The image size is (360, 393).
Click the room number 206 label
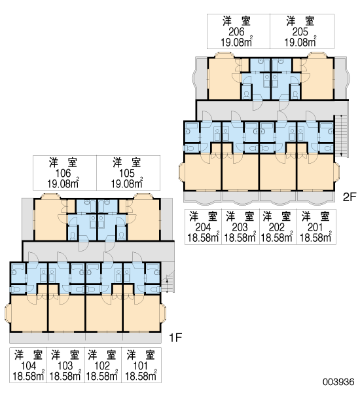[x=236, y=32]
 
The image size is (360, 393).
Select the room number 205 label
[x=300, y=32]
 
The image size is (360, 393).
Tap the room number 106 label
[x=63, y=173]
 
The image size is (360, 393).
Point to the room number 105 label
[x=127, y=173]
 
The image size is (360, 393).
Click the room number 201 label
[x=315, y=227]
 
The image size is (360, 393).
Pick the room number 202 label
[x=277, y=227]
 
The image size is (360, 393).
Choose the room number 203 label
[x=240, y=227]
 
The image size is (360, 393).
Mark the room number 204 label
[x=203, y=227]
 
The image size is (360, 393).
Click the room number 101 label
[x=140, y=366]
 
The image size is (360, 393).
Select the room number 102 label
[x=102, y=366]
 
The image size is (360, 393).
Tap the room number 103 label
[x=65, y=366]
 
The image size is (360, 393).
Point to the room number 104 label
[x=28, y=366]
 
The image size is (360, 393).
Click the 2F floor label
[x=350, y=197]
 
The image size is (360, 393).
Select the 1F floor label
[x=175, y=338]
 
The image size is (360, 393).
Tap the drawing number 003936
[x=338, y=382]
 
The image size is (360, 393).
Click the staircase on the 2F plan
[x=340, y=136]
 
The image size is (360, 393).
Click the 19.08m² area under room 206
[x=236, y=42]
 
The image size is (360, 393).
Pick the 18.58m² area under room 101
[x=141, y=376]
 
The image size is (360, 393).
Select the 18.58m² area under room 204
[x=204, y=237]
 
